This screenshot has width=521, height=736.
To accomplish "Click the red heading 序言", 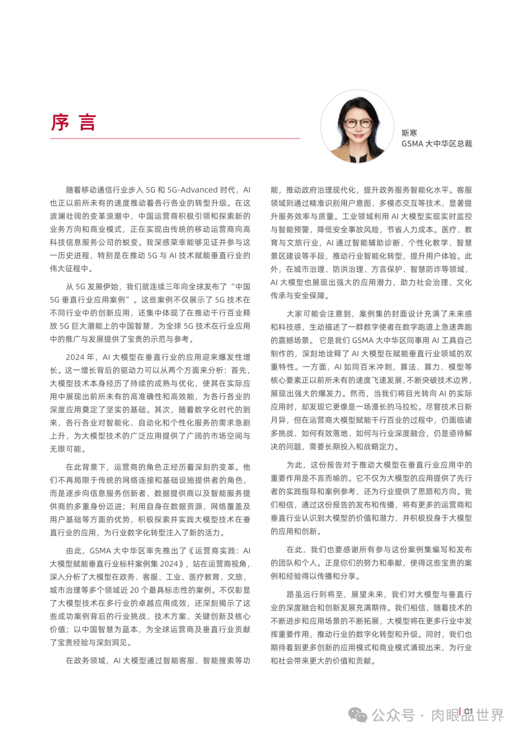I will tap(74, 122).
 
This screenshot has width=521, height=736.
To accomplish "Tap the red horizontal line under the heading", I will tap(175, 139).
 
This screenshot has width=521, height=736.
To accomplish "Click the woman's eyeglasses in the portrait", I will tap(358, 123).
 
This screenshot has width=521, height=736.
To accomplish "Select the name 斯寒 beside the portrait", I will tap(409, 133).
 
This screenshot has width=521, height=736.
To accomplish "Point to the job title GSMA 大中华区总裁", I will tap(437, 144).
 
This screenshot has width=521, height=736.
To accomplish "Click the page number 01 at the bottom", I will tap(468, 711).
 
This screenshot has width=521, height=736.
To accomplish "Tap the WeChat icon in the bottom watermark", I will tap(357, 715).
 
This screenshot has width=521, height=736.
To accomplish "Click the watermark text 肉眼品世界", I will tap(467, 715).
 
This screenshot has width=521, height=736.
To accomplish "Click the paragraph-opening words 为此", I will tap(294, 465).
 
